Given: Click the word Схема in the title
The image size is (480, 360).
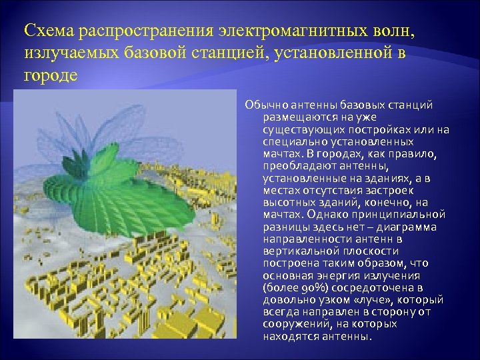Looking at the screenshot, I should tap(49, 31).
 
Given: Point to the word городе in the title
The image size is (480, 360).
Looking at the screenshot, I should tap(51, 74).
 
